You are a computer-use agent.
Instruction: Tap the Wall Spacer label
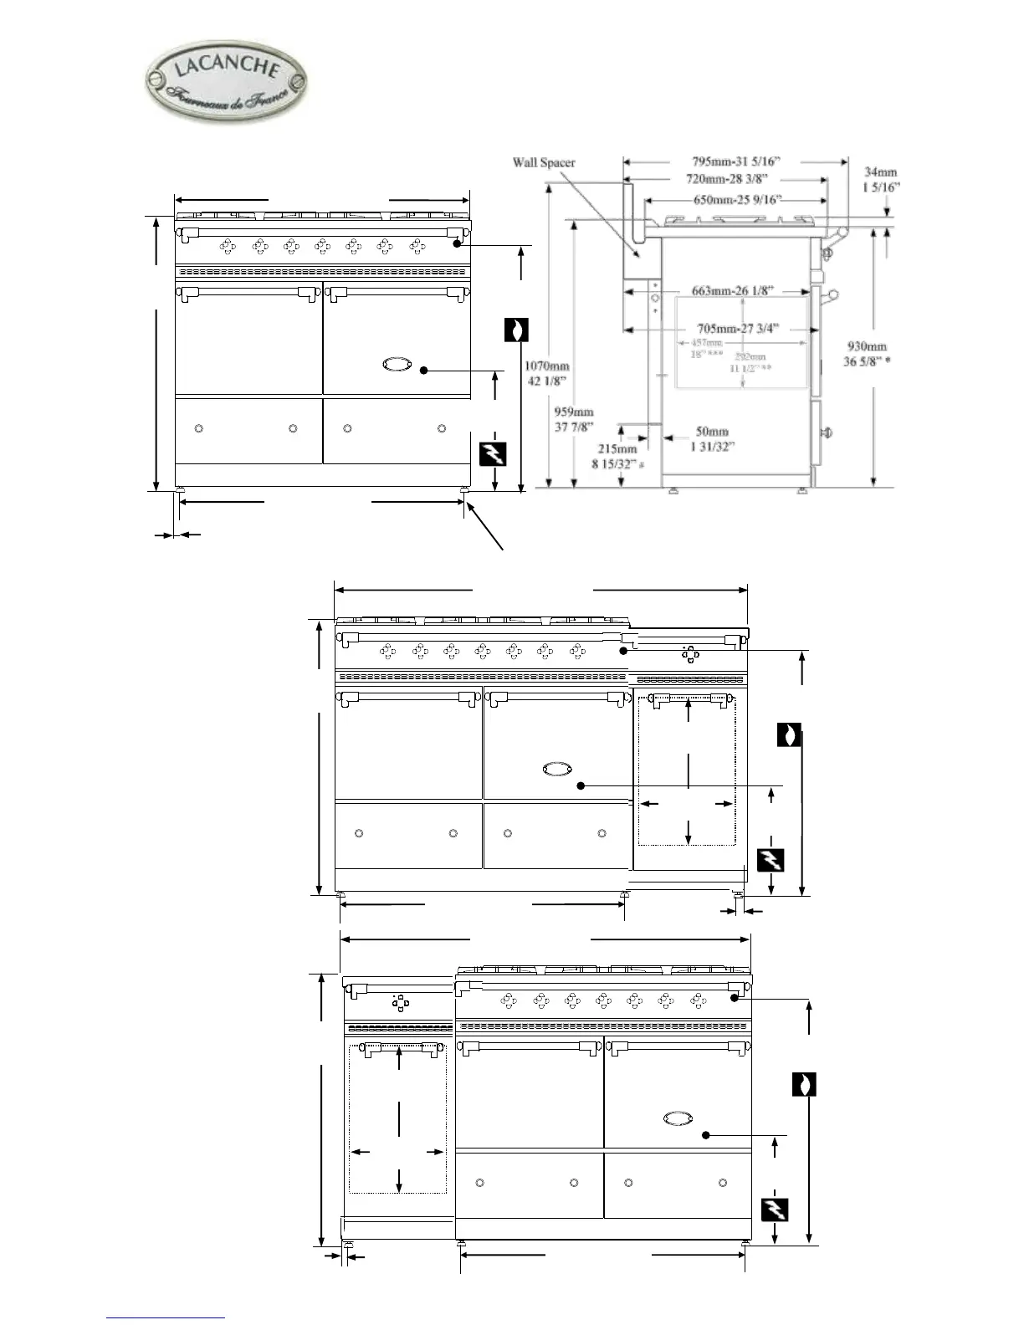(544, 162)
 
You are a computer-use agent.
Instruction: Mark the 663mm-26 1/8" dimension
(732, 290)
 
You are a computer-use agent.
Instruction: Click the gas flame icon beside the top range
(518, 330)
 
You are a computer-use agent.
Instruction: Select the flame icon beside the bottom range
(804, 1084)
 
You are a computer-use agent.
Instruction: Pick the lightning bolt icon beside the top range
(494, 455)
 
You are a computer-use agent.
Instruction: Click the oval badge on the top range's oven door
(396, 363)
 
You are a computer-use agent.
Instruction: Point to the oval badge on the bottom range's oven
(678, 1118)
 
